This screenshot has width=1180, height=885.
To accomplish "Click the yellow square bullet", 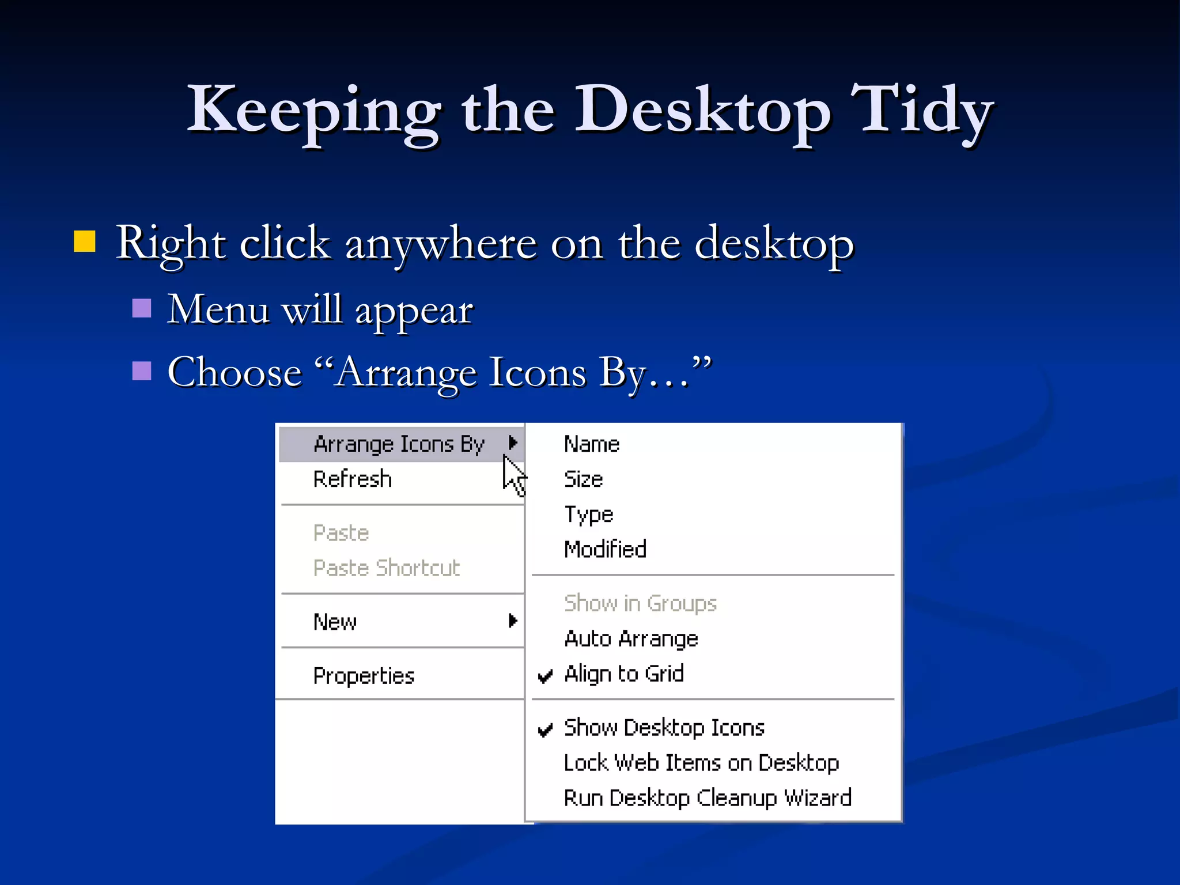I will point(85,242).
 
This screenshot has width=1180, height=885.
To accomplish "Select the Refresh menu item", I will point(353,479).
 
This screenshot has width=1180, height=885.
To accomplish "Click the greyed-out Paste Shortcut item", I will point(387,568).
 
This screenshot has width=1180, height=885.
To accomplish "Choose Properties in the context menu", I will point(364,676).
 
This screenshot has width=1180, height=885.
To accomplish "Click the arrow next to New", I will point(512,621).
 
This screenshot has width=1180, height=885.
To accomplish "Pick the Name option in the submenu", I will point(592,444).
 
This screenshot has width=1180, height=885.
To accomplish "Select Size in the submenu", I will point(583,479).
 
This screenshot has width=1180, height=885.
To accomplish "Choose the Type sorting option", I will point(588,515).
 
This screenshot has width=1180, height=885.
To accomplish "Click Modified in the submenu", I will point(605,550).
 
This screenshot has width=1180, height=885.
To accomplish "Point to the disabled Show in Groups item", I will point(640,603).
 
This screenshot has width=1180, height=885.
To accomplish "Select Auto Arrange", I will point(631,639).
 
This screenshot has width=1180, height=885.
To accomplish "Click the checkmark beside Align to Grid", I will point(545,675).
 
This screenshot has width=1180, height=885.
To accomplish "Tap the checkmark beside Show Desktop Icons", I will point(545,729).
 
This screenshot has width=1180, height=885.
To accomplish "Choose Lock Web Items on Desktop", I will point(701,763).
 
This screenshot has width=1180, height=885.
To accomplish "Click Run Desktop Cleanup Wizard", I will point(708,799).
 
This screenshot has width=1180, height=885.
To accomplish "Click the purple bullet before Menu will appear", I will point(142,308).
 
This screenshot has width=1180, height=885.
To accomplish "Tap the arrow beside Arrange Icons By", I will point(512,442).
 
